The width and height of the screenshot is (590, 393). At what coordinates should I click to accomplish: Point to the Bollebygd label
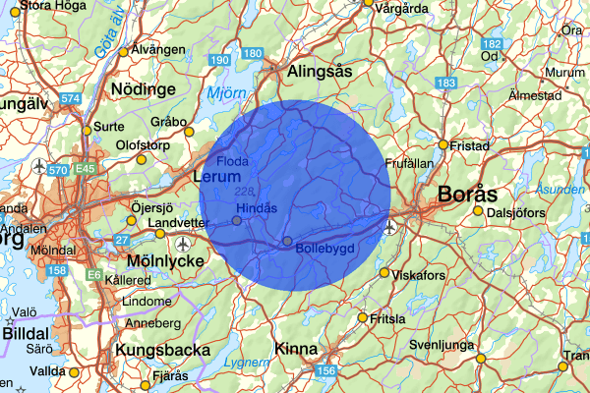tap(324, 249)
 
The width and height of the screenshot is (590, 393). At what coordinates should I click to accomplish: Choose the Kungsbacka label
tap(162, 350)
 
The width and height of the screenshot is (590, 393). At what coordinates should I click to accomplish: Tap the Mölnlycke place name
tap(165, 261)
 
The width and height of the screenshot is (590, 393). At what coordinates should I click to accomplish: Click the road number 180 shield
tap(253, 53)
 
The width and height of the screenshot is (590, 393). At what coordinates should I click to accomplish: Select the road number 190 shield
tap(220, 61)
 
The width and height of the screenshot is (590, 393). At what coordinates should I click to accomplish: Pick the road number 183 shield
tap(448, 84)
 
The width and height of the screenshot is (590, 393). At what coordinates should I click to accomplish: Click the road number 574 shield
tap(70, 99)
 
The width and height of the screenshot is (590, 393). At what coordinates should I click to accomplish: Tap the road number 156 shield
tap(325, 370)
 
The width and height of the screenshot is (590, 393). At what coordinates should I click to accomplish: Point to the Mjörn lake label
tap(229, 94)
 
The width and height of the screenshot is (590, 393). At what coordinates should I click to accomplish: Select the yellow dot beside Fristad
tap(443, 144)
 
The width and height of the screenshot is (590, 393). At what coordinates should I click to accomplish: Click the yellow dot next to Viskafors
tap(384, 274)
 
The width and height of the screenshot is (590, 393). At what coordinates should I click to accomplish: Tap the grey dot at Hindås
tap(237, 220)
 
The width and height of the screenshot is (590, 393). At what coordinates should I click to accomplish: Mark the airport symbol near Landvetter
tap(184, 243)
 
